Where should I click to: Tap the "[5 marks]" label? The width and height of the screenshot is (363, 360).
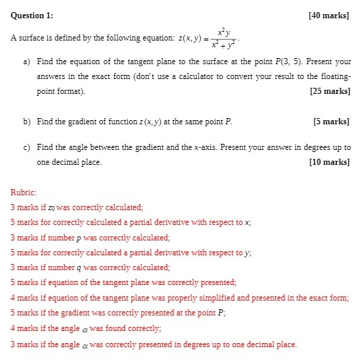point(331,122)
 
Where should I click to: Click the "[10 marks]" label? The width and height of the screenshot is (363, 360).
point(329,162)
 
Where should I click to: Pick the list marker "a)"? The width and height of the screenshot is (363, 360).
point(27,61)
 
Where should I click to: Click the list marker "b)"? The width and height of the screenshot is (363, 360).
point(27,122)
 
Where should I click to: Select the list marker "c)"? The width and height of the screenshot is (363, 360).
point(27,147)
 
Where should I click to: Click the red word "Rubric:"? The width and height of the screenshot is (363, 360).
point(24,192)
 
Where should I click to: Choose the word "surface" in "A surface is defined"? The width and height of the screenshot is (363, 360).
point(31,39)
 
